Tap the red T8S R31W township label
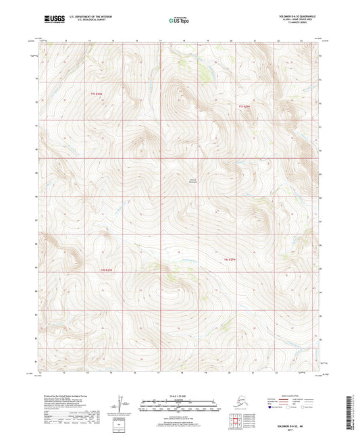point(231,259)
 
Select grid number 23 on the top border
point(302,41)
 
